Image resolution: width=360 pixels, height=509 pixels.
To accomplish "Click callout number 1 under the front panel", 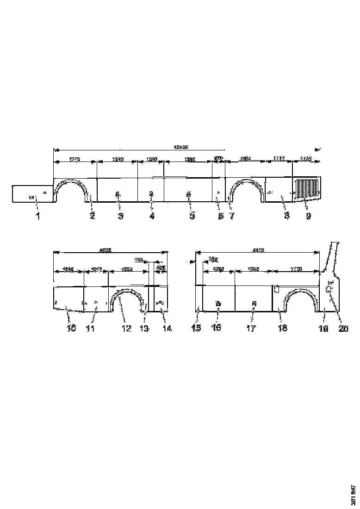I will coord(38,216).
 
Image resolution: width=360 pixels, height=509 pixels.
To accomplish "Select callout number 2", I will coord(93,216).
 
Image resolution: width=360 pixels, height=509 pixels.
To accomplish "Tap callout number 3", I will coord(120,216).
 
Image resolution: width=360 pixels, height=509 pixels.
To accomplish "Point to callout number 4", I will coord(152,216).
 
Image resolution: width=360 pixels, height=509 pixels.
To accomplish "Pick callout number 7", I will coord(230,216).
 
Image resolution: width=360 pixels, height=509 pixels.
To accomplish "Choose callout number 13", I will coord(145,329).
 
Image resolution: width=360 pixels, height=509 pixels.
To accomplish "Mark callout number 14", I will coord(167,329).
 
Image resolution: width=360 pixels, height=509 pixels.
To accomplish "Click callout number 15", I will coord(197,328).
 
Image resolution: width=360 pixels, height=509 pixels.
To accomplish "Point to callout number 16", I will coord(217,328).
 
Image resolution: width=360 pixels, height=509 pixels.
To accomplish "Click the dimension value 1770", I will coord(74,159).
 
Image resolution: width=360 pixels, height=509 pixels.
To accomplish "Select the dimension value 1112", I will coord(278,159).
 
